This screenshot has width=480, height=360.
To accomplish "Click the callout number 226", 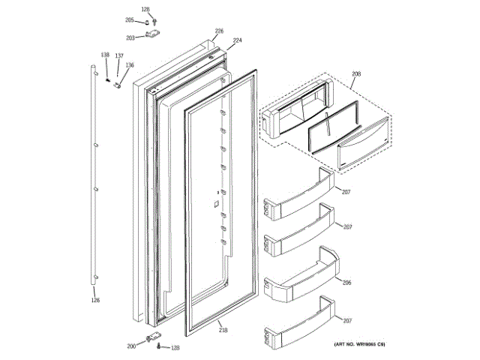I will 219,31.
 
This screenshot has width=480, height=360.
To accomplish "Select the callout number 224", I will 237,40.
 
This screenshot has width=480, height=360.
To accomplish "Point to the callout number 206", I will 346,283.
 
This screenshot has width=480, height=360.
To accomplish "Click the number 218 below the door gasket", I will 223,330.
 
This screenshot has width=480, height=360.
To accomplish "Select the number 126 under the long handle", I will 95,301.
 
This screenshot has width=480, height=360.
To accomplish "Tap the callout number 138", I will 105,55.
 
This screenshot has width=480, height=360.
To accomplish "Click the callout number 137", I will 118,56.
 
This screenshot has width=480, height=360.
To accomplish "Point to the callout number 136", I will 129,65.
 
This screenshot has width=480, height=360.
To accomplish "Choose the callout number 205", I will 129,19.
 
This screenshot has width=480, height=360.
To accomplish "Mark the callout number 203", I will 130,37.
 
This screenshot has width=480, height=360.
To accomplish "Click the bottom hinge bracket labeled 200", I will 154,337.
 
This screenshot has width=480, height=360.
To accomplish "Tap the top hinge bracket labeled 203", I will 154,34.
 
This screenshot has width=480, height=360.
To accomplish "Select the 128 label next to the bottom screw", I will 175,347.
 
